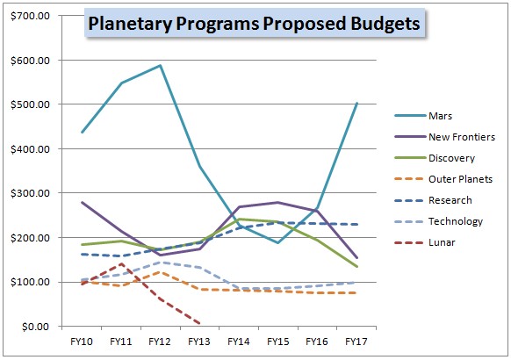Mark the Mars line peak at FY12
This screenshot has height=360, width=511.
(x=160, y=65)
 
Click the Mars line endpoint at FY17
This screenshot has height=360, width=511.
(x=356, y=103)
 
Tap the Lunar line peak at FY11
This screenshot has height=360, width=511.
(x=121, y=263)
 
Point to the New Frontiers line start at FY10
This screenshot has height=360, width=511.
(x=83, y=202)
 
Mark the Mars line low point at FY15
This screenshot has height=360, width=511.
(x=278, y=242)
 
